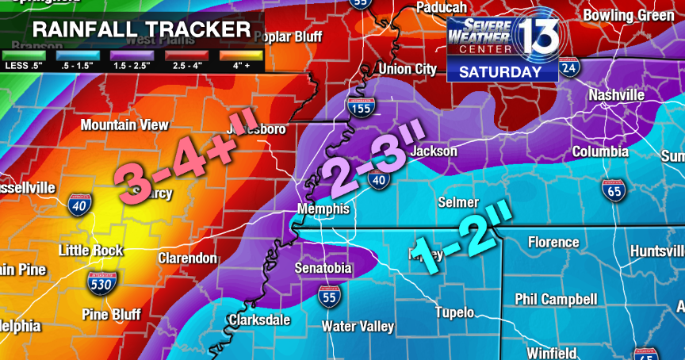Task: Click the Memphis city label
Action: point(323,209)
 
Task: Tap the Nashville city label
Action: point(616,95)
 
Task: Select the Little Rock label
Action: point(91,251)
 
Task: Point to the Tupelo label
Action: point(454,312)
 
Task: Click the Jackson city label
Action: point(434,151)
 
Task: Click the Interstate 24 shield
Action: point(568,70)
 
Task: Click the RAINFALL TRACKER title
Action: point(141,31)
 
